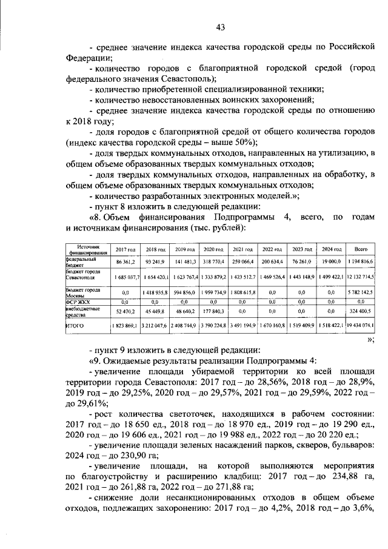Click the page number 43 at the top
coord(220,26)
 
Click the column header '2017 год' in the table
coord(125,249)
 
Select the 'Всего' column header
coord(361,249)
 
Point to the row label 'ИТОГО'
coord(75,326)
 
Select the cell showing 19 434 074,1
coord(361,326)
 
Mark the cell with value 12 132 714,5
coord(361,277)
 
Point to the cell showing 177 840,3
coord(214,311)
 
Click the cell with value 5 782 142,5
coord(363,291)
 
